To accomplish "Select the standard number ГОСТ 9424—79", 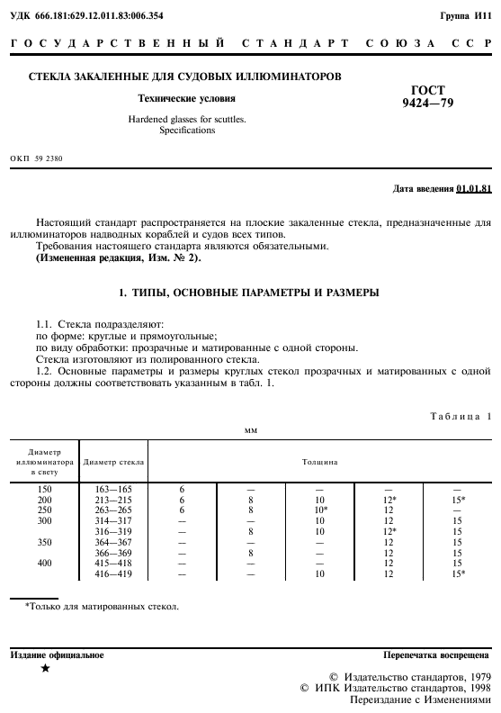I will click(x=427, y=96).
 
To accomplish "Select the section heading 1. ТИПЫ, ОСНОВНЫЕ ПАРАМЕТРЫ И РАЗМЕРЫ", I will click(x=250, y=293).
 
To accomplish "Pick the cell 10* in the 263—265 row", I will click(x=320, y=509).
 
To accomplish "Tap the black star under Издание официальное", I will click(x=46, y=669).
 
